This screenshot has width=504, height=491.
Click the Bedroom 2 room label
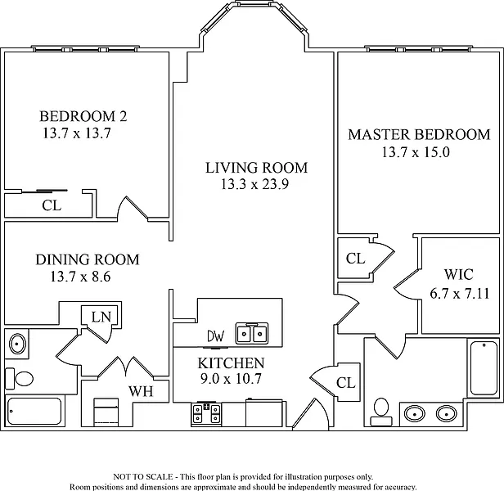pyautogui.click(x=83, y=116)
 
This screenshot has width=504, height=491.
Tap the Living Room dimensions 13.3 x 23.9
pyautogui.click(x=254, y=184)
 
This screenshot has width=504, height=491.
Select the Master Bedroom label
pyautogui.click(x=419, y=134)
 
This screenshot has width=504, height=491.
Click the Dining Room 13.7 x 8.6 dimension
pyautogui.click(x=80, y=277)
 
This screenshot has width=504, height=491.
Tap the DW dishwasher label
pyautogui.click(x=216, y=336)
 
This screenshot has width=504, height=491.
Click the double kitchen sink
pyautogui.click(x=252, y=333)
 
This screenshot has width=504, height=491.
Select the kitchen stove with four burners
pyautogui.click(x=206, y=414)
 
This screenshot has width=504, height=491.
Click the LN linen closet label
pyautogui.click(x=101, y=317)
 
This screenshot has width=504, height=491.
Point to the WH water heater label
pyautogui.click(x=141, y=391)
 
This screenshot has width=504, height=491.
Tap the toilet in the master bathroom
pyautogui.click(x=381, y=412)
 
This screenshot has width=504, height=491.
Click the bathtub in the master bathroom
pyautogui.click(x=484, y=368)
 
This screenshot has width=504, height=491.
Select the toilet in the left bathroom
pyautogui.click(x=20, y=378)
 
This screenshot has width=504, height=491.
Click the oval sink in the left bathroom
pyautogui.click(x=17, y=345)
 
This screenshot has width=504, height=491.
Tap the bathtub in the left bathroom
pyautogui.click(x=34, y=411)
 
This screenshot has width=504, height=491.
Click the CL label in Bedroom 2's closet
pyautogui.click(x=52, y=205)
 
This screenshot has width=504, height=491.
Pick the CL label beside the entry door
pyautogui.click(x=346, y=383)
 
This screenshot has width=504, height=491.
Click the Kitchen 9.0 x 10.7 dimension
pyautogui.click(x=231, y=379)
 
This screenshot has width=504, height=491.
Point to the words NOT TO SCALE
pyautogui.click(x=143, y=476)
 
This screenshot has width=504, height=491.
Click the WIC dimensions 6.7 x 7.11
pyautogui.click(x=460, y=294)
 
